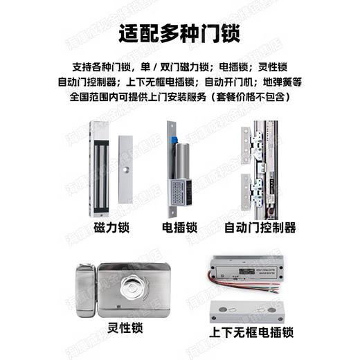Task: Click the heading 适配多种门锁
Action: (179, 34)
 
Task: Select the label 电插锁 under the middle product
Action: (178, 227)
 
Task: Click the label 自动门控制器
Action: (260, 227)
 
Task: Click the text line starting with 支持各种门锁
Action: (179, 67)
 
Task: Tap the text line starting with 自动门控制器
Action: (179, 82)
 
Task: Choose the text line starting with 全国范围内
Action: (179, 97)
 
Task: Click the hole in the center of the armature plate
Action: (125, 169)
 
